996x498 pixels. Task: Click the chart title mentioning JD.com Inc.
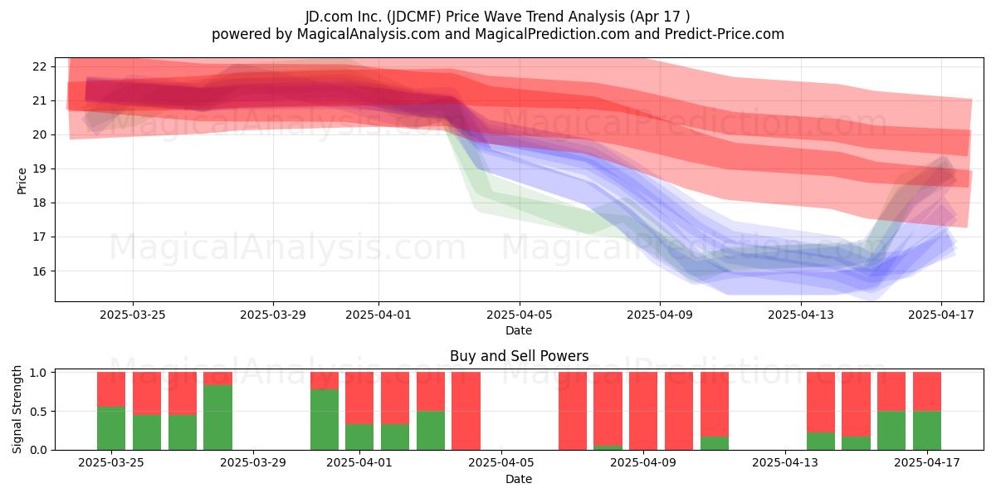point(497,17)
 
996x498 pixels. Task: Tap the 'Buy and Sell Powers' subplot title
point(519,356)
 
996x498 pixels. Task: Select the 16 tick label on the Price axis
point(39,271)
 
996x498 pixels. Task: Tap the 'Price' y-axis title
point(22,181)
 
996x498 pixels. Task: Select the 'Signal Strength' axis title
point(17,409)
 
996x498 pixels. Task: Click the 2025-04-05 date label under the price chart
point(519,315)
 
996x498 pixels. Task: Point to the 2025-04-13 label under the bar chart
point(785,462)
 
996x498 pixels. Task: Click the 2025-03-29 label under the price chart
point(273,315)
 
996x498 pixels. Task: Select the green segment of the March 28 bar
point(217,417)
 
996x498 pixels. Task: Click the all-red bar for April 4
point(466,411)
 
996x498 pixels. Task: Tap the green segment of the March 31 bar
point(325,420)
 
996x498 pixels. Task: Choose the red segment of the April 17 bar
point(927,391)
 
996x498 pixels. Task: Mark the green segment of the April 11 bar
point(715,443)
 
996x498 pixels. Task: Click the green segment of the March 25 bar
point(111,428)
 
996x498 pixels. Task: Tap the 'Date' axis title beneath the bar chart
point(519,479)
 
